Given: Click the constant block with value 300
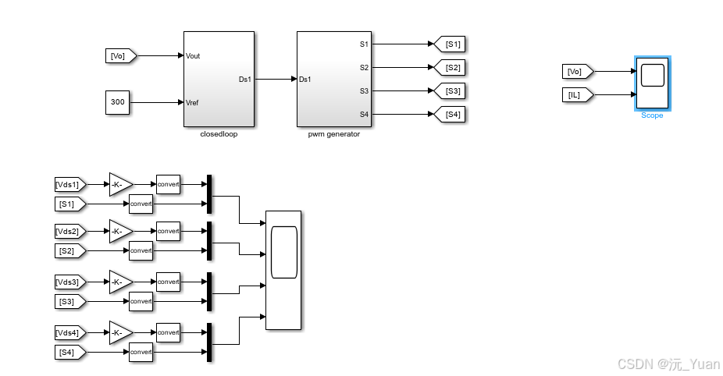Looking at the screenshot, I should [117, 101].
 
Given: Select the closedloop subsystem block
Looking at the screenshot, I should [219, 78].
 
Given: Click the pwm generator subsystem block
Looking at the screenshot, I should [333, 78].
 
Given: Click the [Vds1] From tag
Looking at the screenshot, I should [67, 185].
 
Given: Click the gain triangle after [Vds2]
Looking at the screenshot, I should [119, 232].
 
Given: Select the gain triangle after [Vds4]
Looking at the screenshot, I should [119, 333].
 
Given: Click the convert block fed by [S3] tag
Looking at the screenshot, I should [141, 301].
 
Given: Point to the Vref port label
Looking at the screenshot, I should [193, 102].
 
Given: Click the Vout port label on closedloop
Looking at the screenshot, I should [193, 55].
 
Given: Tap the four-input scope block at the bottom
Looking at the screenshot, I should [283, 270].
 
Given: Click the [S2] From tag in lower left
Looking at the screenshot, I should [67, 251].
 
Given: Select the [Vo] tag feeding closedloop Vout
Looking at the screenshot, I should [121, 55].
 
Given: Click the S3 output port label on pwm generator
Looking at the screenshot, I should [364, 91].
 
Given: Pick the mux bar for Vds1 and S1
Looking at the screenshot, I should [209, 194].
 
